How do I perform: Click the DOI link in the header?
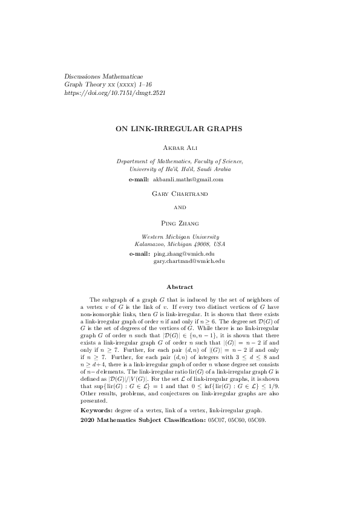[x=115, y=93]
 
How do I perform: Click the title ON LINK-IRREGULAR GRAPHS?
[x=180, y=129]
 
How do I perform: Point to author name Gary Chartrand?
[x=180, y=194]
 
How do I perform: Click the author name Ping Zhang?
[x=180, y=223]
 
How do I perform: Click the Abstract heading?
[x=180, y=287]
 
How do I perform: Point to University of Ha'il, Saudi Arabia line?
[x=180, y=169]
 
